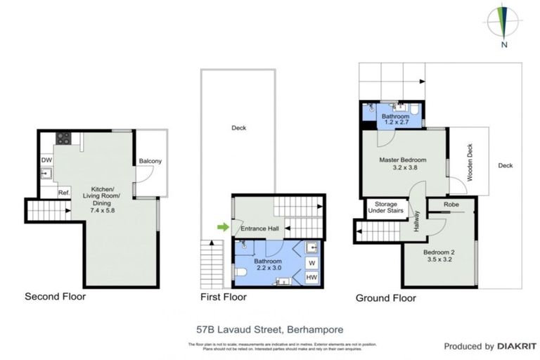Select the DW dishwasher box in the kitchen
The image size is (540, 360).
click(46, 160)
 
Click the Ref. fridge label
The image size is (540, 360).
click(63, 193)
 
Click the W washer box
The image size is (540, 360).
click(311, 263)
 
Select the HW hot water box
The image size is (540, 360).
click(311, 278)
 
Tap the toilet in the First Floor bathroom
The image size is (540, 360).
click(240, 271)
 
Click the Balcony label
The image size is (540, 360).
click(150, 161)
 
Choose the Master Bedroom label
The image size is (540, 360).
click(404, 160)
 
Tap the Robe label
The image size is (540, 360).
click(452, 205)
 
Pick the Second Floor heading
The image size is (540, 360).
click(55, 297)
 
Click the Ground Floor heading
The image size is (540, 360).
click(385, 297)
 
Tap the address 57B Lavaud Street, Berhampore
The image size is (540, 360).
click(269, 328)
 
